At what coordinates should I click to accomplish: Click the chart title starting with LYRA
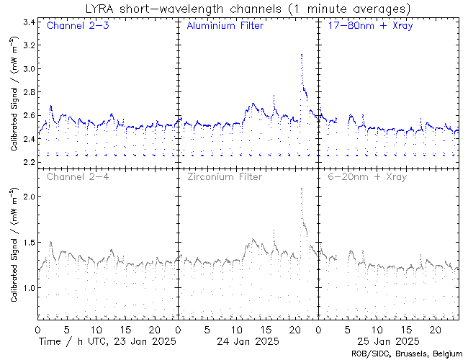point(247,9)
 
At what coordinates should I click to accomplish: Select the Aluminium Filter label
point(225,26)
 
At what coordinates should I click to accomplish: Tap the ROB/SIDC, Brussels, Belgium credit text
point(406,354)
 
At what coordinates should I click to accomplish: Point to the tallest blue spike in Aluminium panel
point(302,55)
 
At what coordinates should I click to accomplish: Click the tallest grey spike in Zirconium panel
point(302,189)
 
